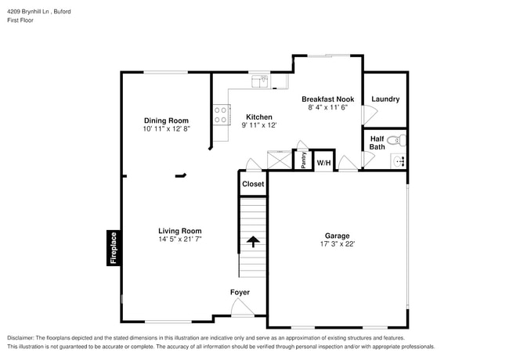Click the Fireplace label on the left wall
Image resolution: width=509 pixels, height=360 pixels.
pyautogui.click(x=114, y=248)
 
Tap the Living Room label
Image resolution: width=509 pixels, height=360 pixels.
pyautogui.click(x=180, y=231)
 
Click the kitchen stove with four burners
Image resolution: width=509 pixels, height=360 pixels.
pyautogui.click(x=221, y=116)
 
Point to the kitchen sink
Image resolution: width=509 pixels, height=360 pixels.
pyautogui.click(x=259, y=81)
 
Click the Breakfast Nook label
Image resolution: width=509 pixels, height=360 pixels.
pyautogui.click(x=328, y=99)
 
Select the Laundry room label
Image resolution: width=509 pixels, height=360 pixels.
pyautogui.click(x=385, y=99)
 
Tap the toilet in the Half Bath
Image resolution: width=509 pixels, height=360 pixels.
pyautogui.click(x=395, y=141)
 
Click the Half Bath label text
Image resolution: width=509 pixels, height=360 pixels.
pyautogui.click(x=377, y=142)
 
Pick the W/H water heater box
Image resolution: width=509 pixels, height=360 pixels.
pyautogui.click(x=323, y=163)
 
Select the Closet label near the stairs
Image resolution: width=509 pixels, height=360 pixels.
pyautogui.click(x=253, y=184)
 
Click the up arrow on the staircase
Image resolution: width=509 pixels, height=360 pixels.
pyautogui.click(x=253, y=242)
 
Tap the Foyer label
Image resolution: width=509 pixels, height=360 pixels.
pyautogui.click(x=240, y=293)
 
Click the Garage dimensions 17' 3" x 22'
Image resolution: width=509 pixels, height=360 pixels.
pyautogui.click(x=338, y=243)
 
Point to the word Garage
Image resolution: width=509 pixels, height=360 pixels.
pyautogui.click(x=338, y=235)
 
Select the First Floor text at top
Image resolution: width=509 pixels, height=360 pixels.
pyautogui.click(x=20, y=22)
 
